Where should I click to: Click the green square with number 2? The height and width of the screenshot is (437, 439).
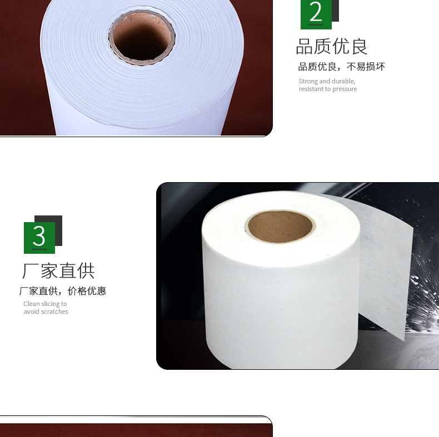(x=316, y=14)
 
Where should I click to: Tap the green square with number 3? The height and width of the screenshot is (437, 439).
(x=39, y=238)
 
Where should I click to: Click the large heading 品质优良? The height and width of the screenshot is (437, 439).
(x=332, y=47)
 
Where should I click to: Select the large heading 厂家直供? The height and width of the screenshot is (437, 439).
(x=58, y=271)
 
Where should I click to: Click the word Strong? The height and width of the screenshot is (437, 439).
(x=308, y=82)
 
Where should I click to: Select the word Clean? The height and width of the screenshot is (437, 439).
(x=32, y=304)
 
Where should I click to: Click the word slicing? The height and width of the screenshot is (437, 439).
(x=51, y=304)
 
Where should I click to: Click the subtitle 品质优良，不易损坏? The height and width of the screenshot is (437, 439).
(x=342, y=67)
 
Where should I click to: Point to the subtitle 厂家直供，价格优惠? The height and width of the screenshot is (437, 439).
(x=63, y=291)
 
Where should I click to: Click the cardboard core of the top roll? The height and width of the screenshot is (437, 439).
(x=142, y=37)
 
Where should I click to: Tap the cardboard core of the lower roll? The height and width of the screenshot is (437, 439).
(x=280, y=227)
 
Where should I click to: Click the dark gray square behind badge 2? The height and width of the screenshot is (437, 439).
(x=336, y=11)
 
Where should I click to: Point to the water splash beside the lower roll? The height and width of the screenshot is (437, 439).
(x=423, y=297)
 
